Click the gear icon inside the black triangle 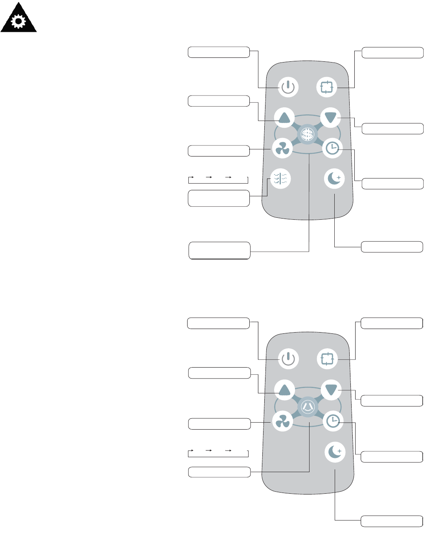click(18, 22)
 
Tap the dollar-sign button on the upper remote click(307, 135)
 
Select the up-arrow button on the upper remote click(284, 117)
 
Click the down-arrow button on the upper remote click(330, 117)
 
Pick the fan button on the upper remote click(282, 148)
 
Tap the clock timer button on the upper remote click(332, 148)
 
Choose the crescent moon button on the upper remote click(334, 178)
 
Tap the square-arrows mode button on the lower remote click(327, 359)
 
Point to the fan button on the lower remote click(283, 421)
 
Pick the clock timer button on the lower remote click(333, 421)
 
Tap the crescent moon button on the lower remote click(335, 452)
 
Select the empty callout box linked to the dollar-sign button click(219, 250)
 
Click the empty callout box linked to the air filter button click(219, 198)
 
